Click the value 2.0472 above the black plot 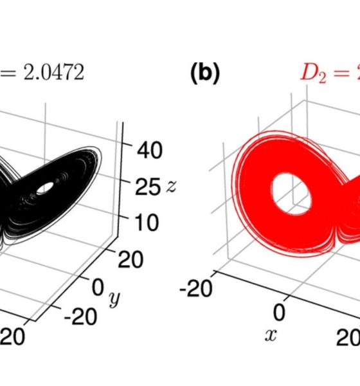(54, 72)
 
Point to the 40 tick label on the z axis (150, 150)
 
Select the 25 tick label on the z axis (147, 187)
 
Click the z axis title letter (172, 186)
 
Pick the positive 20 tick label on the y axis (130, 259)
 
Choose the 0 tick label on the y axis (98, 287)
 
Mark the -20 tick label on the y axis (80, 317)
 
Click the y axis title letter (114, 299)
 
